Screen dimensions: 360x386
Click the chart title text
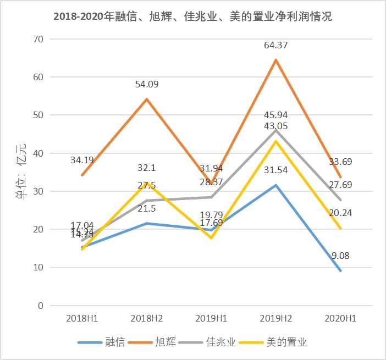[x=192, y=16]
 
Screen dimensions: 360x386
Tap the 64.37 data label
[x=276, y=46]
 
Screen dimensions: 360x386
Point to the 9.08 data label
[x=341, y=255]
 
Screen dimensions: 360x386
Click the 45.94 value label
[x=276, y=115]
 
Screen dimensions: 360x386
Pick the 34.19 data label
[x=82, y=160]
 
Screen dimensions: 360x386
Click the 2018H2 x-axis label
[x=147, y=319]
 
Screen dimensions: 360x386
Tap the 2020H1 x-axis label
[x=341, y=319]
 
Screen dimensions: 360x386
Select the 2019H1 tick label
[x=212, y=319]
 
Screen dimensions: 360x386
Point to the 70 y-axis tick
[x=38, y=39]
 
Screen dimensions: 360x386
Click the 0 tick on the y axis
[x=41, y=306]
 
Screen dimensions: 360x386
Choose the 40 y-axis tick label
[x=38, y=153]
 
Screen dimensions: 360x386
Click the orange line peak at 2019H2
[x=276, y=60]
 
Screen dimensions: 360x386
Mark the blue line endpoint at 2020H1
[x=341, y=270]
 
